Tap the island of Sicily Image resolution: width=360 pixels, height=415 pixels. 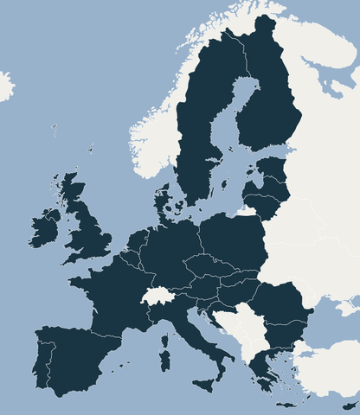pyautogui.click(x=207, y=382)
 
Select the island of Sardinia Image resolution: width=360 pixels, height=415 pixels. pyautogui.click(x=164, y=354)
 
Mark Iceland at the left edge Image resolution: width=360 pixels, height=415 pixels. pyautogui.click(x=4, y=86)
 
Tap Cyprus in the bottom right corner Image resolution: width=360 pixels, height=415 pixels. pyautogui.click(x=350, y=405)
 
